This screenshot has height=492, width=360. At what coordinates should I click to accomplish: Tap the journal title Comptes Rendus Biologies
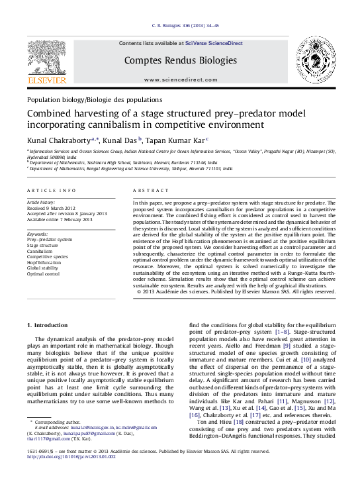click(181, 60)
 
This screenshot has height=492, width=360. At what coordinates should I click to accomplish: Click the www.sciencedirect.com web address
click(180, 79)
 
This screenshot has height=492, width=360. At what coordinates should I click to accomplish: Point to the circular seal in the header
click(315, 60)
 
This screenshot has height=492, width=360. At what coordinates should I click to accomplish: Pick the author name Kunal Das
click(126, 140)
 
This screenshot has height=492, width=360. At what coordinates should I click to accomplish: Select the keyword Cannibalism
click(40, 252)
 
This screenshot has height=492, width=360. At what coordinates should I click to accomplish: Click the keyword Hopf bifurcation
click(45, 262)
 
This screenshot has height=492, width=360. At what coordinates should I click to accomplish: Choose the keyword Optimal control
click(43, 273)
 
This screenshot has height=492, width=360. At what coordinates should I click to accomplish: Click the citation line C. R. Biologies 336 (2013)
click(181, 25)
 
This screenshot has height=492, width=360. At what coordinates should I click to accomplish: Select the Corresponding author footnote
click(60, 422)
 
